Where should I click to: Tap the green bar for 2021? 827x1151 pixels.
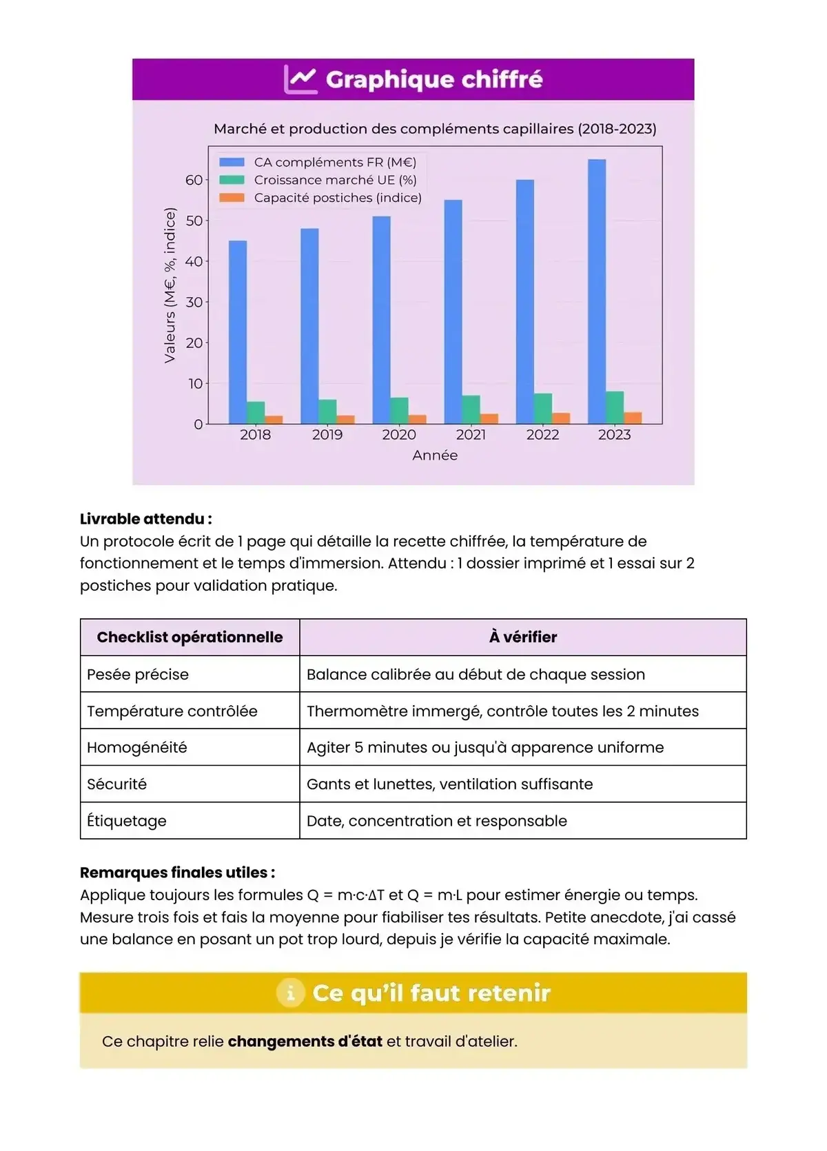pos(471,409)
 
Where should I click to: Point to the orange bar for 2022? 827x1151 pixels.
pos(561,418)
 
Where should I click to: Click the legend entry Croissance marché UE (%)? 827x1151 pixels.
pos(335,180)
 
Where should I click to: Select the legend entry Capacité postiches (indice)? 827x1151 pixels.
pos(337,198)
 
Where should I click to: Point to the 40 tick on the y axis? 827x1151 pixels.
pos(194,261)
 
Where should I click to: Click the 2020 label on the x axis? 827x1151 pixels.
pos(399,435)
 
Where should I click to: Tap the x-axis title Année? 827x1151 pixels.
pos(435,455)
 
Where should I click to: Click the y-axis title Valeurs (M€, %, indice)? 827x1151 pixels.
pos(170,285)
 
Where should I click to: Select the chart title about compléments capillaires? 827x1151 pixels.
pos(435,129)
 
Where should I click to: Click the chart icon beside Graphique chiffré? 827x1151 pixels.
pos(300,80)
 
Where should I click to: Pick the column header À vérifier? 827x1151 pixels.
pos(523,637)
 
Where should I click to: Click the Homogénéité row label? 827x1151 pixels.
pos(137,747)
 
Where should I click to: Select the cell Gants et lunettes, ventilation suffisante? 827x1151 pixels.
pos(449,784)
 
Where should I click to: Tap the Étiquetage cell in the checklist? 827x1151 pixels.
pos(127,821)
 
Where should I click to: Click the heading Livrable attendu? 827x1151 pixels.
pos(146,519)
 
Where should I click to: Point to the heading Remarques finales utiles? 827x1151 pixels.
pos(177,873)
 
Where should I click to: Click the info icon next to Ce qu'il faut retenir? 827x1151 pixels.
pos(290,993)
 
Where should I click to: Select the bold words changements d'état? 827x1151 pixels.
pos(305,1041)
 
